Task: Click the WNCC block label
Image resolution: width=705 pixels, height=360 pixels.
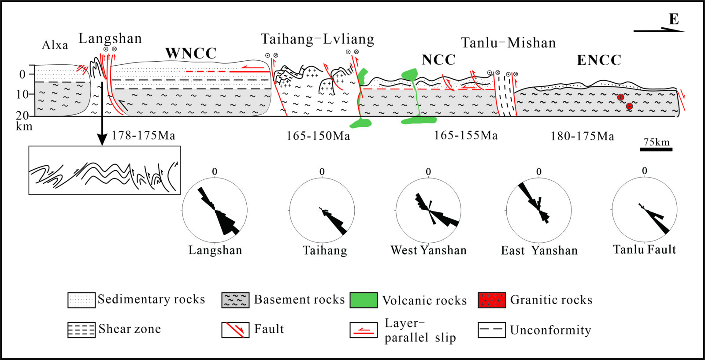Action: (191, 53)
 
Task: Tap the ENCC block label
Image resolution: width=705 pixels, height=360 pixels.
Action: (599, 60)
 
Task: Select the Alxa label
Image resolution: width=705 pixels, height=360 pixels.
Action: (55, 45)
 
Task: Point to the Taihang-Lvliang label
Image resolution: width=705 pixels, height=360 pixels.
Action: (318, 39)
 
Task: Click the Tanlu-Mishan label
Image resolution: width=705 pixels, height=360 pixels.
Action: (508, 43)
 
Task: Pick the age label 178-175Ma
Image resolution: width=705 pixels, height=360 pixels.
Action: (144, 136)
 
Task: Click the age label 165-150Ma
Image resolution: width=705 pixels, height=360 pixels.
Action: (318, 136)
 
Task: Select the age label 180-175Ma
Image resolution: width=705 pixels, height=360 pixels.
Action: (582, 136)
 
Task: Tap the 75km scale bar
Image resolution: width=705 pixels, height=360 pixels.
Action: (656, 149)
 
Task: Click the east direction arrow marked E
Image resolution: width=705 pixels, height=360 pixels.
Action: (659, 30)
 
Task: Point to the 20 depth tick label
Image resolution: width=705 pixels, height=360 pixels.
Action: (22, 116)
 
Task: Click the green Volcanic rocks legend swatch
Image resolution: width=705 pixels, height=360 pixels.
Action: (364, 300)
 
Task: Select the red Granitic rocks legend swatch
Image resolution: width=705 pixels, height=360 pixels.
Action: (492, 300)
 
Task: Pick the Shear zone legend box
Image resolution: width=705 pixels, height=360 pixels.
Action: (82, 330)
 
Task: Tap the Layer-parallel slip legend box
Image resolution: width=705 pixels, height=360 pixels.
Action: (364, 330)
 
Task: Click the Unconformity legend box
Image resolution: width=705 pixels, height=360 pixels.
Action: (492, 330)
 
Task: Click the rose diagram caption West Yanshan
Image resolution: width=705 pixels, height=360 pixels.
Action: (428, 250)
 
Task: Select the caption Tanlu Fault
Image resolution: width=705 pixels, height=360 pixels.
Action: (645, 249)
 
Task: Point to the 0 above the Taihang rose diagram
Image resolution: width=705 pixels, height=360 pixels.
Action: (322, 172)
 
